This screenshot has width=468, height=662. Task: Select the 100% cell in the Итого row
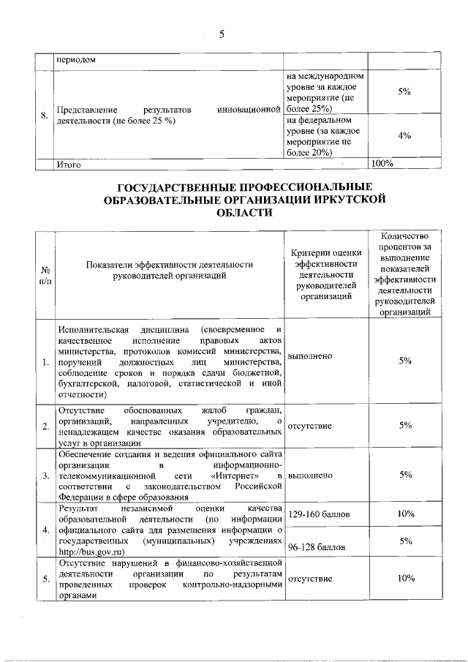click(x=383, y=164)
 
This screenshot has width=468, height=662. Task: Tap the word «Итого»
click(x=69, y=165)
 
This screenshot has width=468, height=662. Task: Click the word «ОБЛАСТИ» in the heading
click(x=245, y=213)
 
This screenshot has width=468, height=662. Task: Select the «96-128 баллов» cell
click(x=320, y=546)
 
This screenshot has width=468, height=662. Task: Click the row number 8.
click(x=45, y=116)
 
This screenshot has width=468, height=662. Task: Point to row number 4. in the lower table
click(x=46, y=530)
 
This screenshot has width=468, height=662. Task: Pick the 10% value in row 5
click(x=405, y=579)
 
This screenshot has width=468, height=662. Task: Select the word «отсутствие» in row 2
click(x=310, y=425)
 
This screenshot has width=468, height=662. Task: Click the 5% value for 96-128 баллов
click(x=405, y=541)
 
